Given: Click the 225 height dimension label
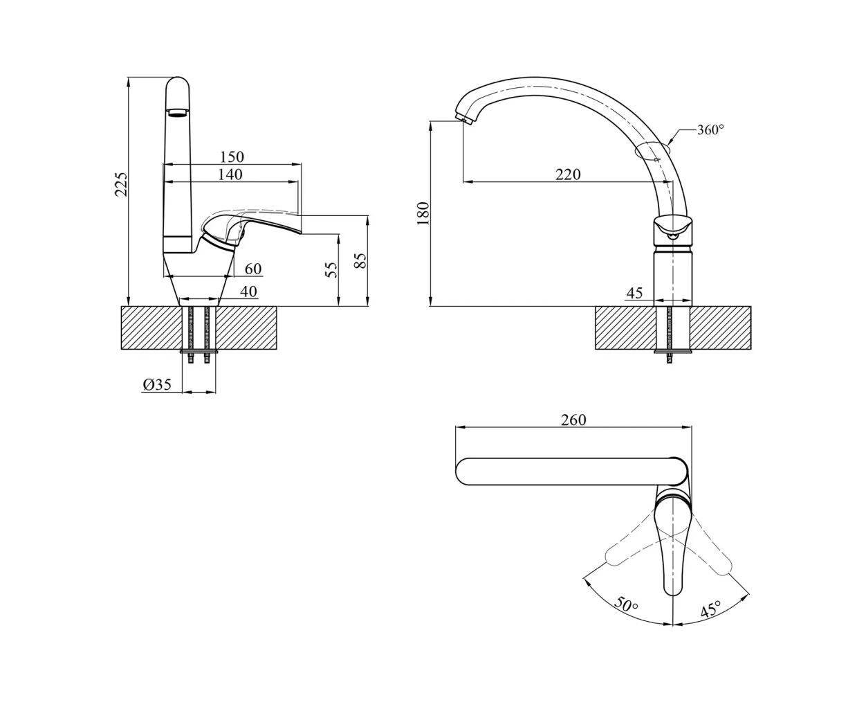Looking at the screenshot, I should pos(121,184).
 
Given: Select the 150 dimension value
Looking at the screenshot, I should pos(231,158).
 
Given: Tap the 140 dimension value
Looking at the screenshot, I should pos(230,174).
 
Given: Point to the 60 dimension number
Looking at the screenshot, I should pos(253,269).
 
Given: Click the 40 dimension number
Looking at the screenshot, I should pos(248,291).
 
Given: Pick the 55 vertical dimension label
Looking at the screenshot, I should pos(331,269).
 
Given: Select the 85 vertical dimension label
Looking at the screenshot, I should pos(359,261).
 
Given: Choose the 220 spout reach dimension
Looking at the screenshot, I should pos(568,174).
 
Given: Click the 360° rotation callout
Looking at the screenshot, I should pos(710,129).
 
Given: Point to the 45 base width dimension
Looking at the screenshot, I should pos(634,293).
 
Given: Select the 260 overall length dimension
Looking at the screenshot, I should pos(574,420).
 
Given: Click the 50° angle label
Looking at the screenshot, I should pos(626,604).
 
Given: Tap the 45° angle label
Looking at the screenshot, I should pos(710,609).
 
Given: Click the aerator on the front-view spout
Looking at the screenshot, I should pos(178,112).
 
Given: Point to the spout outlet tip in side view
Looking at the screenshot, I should pos(464,120).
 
